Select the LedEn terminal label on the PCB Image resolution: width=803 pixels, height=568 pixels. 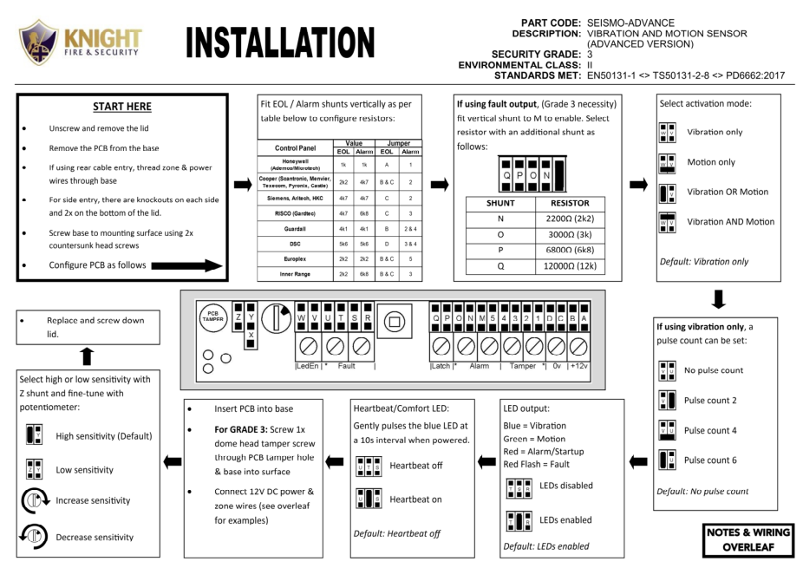pyautogui.click(x=306, y=366)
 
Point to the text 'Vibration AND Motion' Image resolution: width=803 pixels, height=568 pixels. pyautogui.click(x=730, y=222)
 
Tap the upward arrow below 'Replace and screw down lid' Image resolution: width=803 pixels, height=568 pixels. pyautogui.click(x=84, y=356)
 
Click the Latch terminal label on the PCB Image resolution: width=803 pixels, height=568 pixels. pyautogui.click(x=441, y=366)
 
